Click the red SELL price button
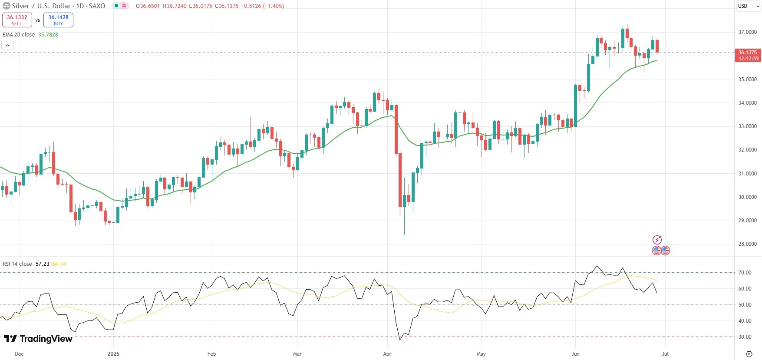coord(17,20)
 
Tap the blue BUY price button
coord(58,20)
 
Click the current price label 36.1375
coord(748,53)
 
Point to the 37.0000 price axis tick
coord(748,32)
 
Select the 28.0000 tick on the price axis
coord(748,244)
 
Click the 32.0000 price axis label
coord(748,150)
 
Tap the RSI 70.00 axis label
coord(745,273)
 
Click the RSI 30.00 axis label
coord(745,337)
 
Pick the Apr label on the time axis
coord(387,354)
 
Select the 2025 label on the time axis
coord(113,354)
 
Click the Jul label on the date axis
coord(665,354)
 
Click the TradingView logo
coord(38,339)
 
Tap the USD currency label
coord(743,6)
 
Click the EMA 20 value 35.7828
coord(48,35)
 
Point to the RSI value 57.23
coord(42,264)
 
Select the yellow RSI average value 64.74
coord(59,264)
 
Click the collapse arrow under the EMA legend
coord(7,45)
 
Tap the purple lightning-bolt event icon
coord(657,240)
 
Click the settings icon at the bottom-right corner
coord(749,354)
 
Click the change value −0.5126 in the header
coord(251,6)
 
